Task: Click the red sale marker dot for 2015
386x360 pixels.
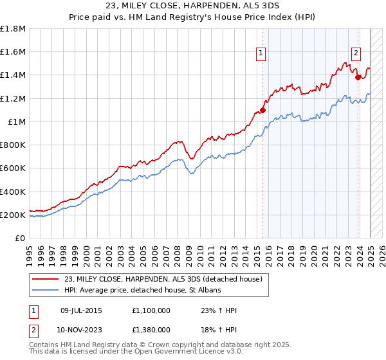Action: pos(262,110)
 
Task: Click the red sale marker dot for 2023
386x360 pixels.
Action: pos(358,77)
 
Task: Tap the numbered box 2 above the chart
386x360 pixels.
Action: pos(356,53)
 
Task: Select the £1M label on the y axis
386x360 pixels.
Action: pos(17,122)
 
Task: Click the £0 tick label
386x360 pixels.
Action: pos(21,238)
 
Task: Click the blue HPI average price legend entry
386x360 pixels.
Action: pos(142,291)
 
